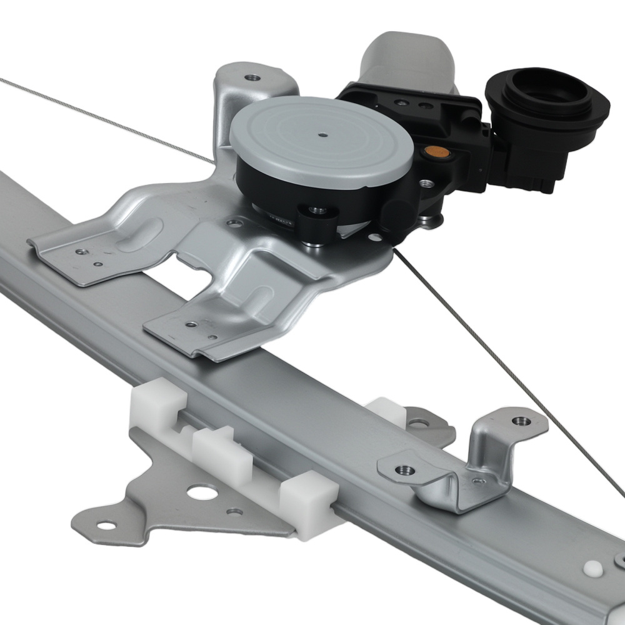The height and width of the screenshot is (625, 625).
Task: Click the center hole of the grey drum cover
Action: tap(322, 134)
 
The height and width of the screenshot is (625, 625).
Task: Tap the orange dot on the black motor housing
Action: tap(431, 151)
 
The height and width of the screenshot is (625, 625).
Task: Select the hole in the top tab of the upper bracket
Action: tap(252, 78)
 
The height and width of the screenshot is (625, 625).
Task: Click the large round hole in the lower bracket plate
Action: tap(199, 492)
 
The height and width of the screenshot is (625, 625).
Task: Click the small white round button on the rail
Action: tap(591, 569)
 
